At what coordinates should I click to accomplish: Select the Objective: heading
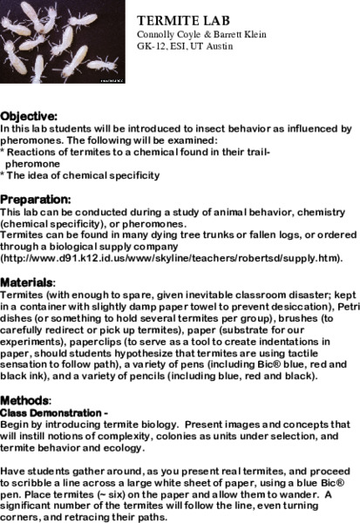click(x=30, y=115)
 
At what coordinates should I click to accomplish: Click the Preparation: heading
click(x=36, y=198)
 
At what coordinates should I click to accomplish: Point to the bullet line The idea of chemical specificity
click(x=83, y=174)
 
